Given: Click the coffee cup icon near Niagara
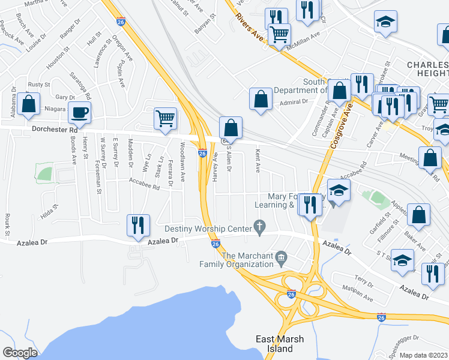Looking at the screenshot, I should click(x=79, y=112).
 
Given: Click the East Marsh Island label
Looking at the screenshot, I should click(x=280, y=344).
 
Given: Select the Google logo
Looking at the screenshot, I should click(x=20, y=353).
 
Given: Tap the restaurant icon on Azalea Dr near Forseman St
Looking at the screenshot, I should click(x=138, y=225).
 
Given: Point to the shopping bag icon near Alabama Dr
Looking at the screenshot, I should click(x=29, y=104).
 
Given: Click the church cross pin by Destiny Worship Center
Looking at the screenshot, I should click(x=259, y=227).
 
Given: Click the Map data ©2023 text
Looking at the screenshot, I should click(x=423, y=355).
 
